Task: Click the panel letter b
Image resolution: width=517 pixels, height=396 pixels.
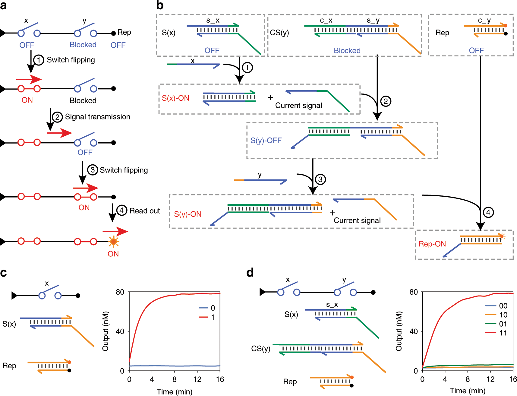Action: click(x=160, y=5)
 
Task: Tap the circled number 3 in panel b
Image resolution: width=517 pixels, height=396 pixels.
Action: click(x=320, y=179)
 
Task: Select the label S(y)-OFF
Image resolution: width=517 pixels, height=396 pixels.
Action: click(x=266, y=141)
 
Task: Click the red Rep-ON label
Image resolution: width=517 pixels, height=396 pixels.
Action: click(x=432, y=244)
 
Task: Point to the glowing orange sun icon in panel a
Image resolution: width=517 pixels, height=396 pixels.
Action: click(x=113, y=242)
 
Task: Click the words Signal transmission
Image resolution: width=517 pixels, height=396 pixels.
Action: click(x=97, y=117)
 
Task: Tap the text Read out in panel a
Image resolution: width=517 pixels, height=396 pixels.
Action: click(x=144, y=211)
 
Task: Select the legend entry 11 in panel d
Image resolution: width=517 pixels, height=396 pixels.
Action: click(x=503, y=333)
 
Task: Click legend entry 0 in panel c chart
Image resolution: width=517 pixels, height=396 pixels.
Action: click(x=213, y=308)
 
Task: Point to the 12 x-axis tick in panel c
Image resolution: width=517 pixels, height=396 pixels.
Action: click(x=197, y=379)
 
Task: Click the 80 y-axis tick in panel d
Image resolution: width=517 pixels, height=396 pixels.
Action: click(x=413, y=292)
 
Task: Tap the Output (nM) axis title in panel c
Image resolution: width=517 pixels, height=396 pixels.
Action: click(x=105, y=331)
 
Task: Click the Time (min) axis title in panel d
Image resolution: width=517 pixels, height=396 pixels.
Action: click(x=467, y=391)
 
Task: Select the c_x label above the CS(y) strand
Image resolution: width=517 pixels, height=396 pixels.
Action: click(x=326, y=20)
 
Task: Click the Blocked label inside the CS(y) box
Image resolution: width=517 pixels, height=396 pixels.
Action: click(x=347, y=50)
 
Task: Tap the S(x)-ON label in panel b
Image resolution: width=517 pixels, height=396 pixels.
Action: click(x=175, y=98)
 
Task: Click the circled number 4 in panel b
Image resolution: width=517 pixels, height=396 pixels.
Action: click(x=488, y=212)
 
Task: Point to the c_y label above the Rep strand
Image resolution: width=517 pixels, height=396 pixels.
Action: click(x=484, y=20)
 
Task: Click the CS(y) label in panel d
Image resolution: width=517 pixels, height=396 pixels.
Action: click(x=261, y=349)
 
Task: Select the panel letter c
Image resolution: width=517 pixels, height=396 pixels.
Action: click(x=4, y=273)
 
